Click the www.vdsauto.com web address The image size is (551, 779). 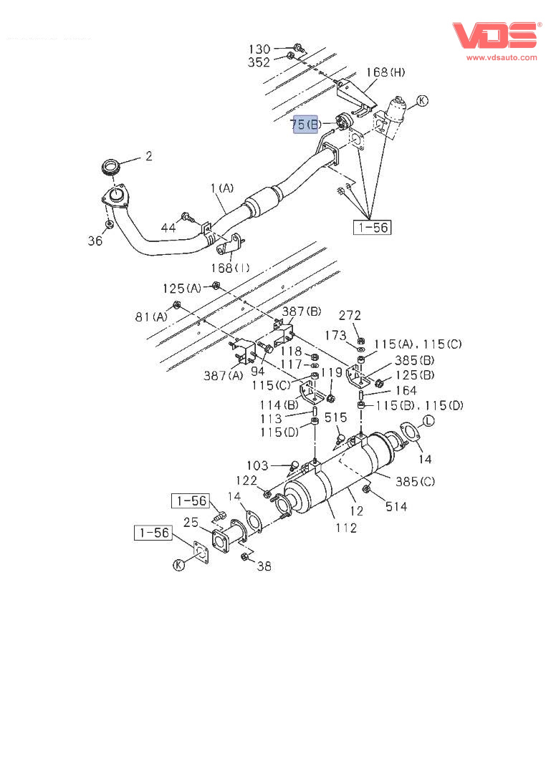[502, 57]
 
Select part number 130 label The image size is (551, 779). [259, 49]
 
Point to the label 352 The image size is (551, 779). [259, 62]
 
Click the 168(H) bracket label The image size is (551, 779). [385, 72]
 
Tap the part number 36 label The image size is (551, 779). [95, 241]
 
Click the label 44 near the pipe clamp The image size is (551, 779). [168, 228]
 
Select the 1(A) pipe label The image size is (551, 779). [222, 188]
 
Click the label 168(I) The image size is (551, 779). [231, 268]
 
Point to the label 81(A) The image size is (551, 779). [150, 316]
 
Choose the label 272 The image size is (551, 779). [350, 315]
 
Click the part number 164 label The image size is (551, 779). [406, 391]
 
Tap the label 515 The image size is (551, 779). [335, 417]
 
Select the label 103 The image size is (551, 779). [258, 465]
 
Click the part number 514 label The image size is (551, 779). [396, 506]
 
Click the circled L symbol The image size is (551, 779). [428, 421]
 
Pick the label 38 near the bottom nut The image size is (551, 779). [264, 566]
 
